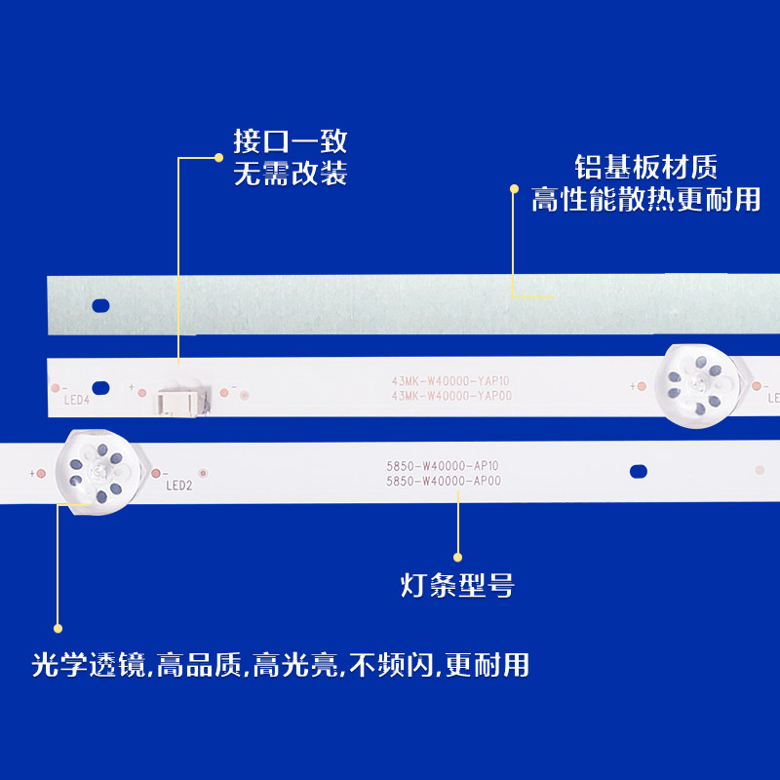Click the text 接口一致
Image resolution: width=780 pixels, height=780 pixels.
click(x=290, y=142)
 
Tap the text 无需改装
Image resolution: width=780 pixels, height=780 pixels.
click(x=290, y=175)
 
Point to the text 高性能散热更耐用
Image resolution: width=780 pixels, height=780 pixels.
click(x=645, y=199)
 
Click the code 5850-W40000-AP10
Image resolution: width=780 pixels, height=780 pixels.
click(x=444, y=467)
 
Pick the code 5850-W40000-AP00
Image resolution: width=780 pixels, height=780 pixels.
click(x=444, y=481)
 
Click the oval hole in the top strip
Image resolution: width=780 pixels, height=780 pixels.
click(x=99, y=305)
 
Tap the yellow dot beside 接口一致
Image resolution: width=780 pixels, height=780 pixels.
click(x=218, y=156)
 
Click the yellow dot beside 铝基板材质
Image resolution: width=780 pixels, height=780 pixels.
click(x=514, y=189)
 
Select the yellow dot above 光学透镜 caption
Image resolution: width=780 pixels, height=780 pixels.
click(x=58, y=628)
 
